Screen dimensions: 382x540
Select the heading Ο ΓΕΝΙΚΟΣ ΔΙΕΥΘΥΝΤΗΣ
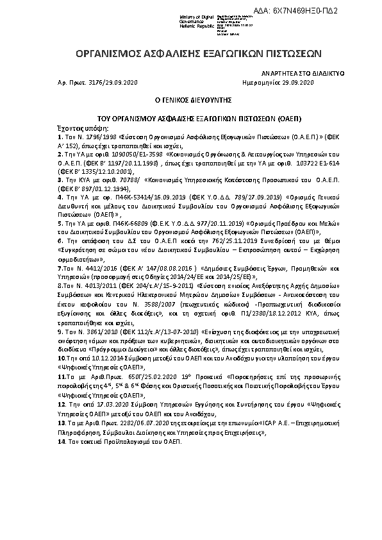pos(190,101)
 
